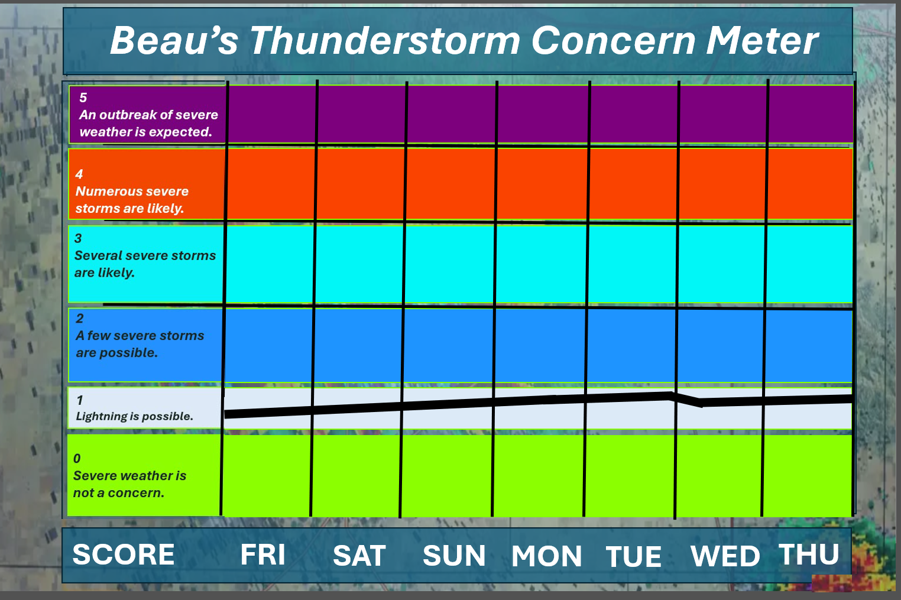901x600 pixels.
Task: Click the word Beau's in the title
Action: click(x=174, y=41)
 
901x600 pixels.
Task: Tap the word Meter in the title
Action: click(x=762, y=41)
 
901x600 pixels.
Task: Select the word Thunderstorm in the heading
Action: click(x=385, y=41)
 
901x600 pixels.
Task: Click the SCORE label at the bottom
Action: click(x=123, y=554)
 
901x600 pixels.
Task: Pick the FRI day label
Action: click(x=262, y=554)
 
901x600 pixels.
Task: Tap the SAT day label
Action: click(x=359, y=556)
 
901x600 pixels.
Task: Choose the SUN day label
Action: click(x=454, y=556)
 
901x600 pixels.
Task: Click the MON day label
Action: click(x=547, y=556)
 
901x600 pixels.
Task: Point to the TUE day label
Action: click(x=634, y=557)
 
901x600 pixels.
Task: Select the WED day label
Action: click(x=725, y=556)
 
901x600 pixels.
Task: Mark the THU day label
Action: click(x=809, y=554)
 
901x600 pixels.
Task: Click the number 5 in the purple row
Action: click(x=83, y=98)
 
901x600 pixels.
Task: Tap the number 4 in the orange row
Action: click(x=79, y=174)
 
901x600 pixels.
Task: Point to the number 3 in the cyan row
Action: click(x=78, y=238)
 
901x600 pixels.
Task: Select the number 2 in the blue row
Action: click(x=80, y=318)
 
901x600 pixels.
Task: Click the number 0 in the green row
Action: click(x=77, y=458)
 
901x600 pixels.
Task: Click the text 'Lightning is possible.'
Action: click(x=134, y=416)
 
